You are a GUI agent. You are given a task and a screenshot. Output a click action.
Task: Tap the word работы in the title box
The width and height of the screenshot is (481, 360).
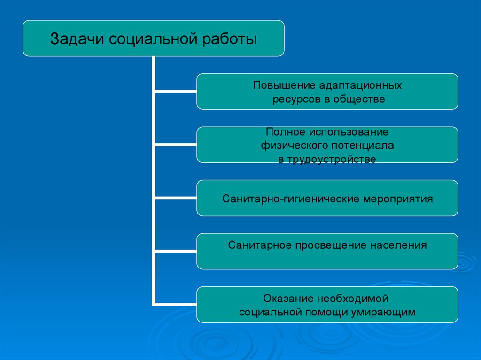click(x=230, y=38)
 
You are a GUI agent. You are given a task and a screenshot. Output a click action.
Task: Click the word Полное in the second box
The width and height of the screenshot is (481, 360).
click(x=280, y=132)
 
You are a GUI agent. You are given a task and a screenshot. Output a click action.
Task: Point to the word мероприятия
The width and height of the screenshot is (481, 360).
click(x=397, y=199)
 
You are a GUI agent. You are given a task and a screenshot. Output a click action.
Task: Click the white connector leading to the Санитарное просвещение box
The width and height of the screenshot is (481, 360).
click(x=175, y=252)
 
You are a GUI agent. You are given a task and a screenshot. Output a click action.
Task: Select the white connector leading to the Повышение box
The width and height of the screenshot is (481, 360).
click(x=175, y=92)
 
